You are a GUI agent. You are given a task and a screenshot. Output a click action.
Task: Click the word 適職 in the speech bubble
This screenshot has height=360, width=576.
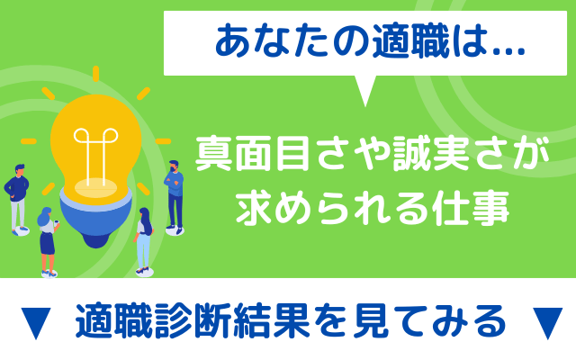click(x=410, y=42)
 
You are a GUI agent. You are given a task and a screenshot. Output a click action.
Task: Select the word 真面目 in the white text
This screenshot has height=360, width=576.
click(x=252, y=154)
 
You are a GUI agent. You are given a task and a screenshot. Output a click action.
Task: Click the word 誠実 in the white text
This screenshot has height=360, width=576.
click(x=431, y=154)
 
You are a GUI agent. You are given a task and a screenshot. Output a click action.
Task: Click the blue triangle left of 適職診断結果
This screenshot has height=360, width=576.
click(x=36, y=323)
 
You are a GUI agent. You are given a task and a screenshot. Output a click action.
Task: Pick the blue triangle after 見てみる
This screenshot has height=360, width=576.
click(x=547, y=323)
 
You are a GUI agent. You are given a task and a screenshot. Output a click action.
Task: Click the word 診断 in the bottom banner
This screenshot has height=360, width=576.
click(x=193, y=320)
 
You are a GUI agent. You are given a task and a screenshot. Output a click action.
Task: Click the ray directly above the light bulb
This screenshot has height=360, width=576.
click(x=96, y=74)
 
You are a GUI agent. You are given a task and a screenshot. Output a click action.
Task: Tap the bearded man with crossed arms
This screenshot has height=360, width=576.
click(x=175, y=197)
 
